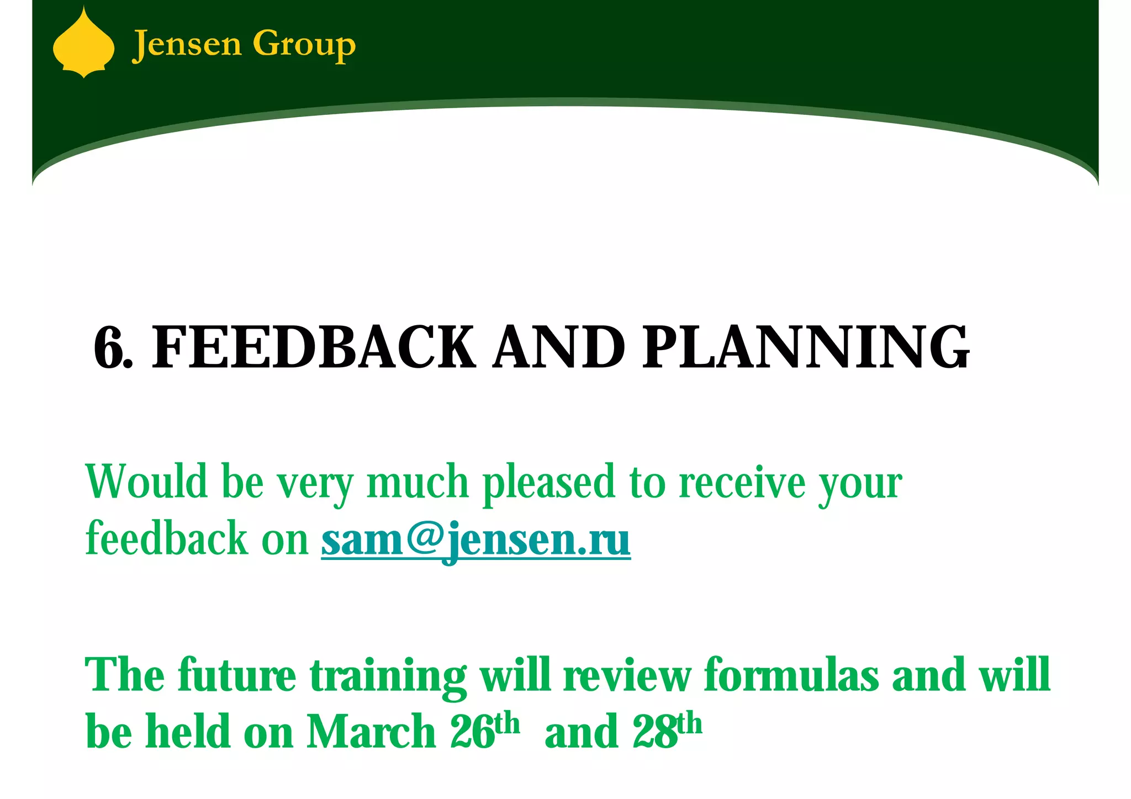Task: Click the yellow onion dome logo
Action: coord(83,44)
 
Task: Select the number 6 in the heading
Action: coord(109,348)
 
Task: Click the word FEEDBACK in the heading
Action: coord(313,348)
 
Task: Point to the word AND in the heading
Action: coord(559,348)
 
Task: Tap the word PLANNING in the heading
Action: coord(806,348)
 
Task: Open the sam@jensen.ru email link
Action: coord(475,539)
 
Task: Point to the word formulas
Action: coord(791,675)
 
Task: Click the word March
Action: coord(371,732)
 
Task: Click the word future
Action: coord(237,675)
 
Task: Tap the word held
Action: coord(188,732)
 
